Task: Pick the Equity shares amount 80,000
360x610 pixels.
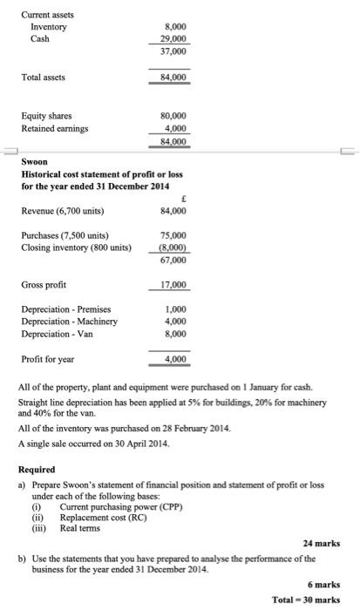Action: coord(174,116)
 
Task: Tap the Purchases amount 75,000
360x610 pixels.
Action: coord(174,234)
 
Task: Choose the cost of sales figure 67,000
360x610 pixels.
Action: coord(174,259)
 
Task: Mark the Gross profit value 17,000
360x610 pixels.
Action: coord(174,285)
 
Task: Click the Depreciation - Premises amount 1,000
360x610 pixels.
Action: coord(177,309)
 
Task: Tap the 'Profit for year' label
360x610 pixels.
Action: coord(48,358)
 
